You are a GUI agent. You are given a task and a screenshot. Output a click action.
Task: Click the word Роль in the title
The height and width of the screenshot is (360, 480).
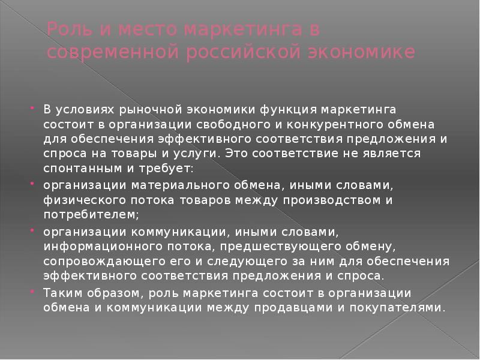pos(70,29)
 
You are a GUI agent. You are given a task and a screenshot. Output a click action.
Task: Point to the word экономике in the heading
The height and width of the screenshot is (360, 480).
pos(362,52)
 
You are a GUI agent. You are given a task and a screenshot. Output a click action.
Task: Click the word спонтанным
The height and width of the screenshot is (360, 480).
pos(83,169)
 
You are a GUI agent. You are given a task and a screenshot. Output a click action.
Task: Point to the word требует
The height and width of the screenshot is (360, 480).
pos(166,169)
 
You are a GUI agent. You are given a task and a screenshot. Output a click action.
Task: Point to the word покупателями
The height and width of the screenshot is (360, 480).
pos(397,308)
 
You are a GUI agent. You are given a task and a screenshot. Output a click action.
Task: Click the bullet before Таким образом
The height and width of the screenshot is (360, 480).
pos(32,292)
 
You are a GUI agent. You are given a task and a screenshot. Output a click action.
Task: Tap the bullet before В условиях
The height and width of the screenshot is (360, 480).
pos(32,108)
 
